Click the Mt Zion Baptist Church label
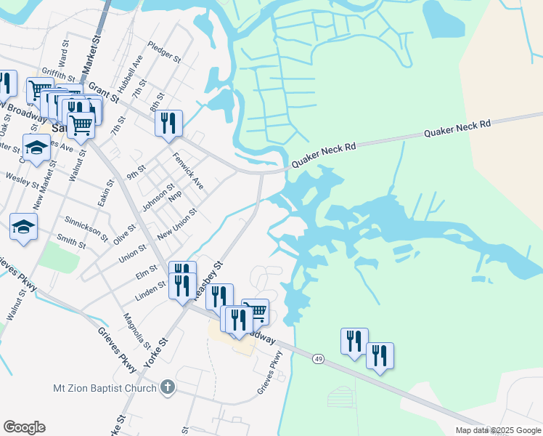(105, 388)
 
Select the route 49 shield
(319, 359)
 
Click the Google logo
(24, 427)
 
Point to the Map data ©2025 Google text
(498, 430)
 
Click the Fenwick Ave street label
(187, 170)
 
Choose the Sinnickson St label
(86, 227)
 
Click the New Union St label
(177, 224)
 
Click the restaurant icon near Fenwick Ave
(168, 123)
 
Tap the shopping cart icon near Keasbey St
(256, 312)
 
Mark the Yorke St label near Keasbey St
(158, 352)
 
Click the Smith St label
(71, 241)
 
